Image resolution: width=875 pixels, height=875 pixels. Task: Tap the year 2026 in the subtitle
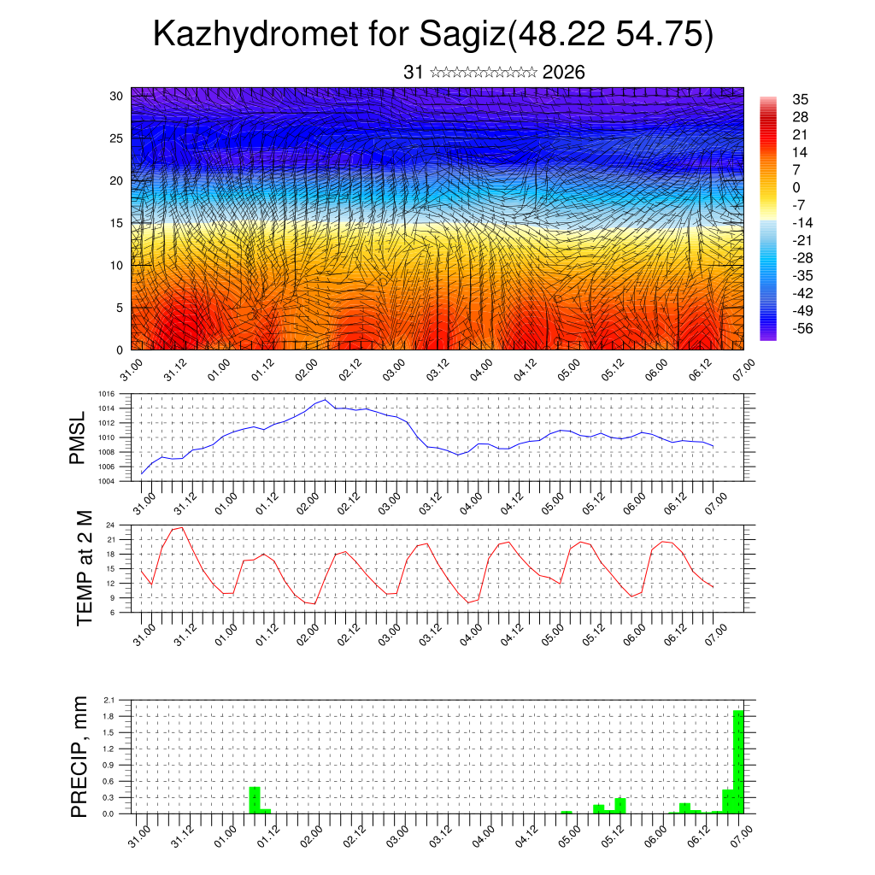click(x=564, y=73)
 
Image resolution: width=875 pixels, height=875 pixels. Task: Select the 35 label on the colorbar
click(x=801, y=99)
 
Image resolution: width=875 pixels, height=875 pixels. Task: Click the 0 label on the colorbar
click(x=796, y=187)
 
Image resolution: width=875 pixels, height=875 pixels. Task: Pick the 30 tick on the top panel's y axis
click(x=116, y=96)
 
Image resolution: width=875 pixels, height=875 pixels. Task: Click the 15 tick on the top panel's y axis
click(x=116, y=223)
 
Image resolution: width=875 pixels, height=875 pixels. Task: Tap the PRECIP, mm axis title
click(x=79, y=755)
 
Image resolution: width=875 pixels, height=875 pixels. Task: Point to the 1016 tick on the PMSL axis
click(x=107, y=394)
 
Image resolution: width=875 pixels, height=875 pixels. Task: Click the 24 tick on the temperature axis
click(x=111, y=525)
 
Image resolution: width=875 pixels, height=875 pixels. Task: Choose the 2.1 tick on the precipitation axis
click(x=109, y=700)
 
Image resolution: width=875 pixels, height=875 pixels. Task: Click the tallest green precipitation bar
click(x=738, y=761)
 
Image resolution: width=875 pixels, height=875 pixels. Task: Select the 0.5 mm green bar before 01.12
click(x=255, y=800)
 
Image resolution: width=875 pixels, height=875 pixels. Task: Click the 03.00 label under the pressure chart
click(x=391, y=501)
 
